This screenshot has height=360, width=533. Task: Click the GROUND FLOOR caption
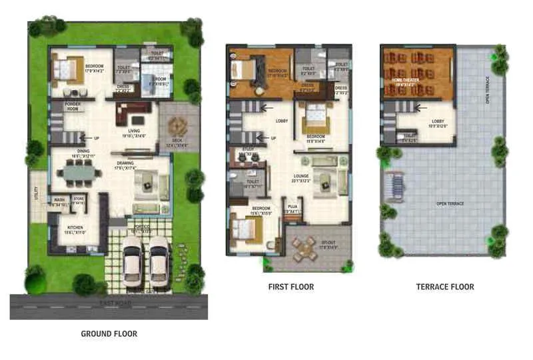point(109,333)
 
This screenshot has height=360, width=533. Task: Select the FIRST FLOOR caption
point(291,287)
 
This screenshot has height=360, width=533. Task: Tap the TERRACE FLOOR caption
point(445,287)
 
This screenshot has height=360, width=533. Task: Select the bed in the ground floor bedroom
point(66,68)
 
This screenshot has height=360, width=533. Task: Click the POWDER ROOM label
point(73,107)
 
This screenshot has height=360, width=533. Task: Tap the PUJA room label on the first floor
point(292,207)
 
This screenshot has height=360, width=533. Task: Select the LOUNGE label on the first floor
point(302,177)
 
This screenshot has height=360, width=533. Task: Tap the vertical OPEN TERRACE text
point(488,90)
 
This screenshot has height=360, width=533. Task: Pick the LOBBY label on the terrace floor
point(424,122)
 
